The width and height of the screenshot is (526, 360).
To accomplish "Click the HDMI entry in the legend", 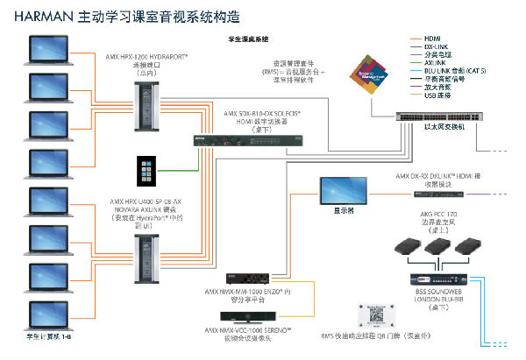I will tap(432, 38).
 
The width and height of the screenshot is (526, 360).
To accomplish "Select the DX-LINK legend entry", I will tap(436, 46).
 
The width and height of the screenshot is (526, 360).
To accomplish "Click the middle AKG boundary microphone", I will tap(434, 247).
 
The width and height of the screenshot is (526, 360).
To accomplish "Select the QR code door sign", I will tap(376, 317).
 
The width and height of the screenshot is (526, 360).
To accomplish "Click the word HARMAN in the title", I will tap(39, 16).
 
